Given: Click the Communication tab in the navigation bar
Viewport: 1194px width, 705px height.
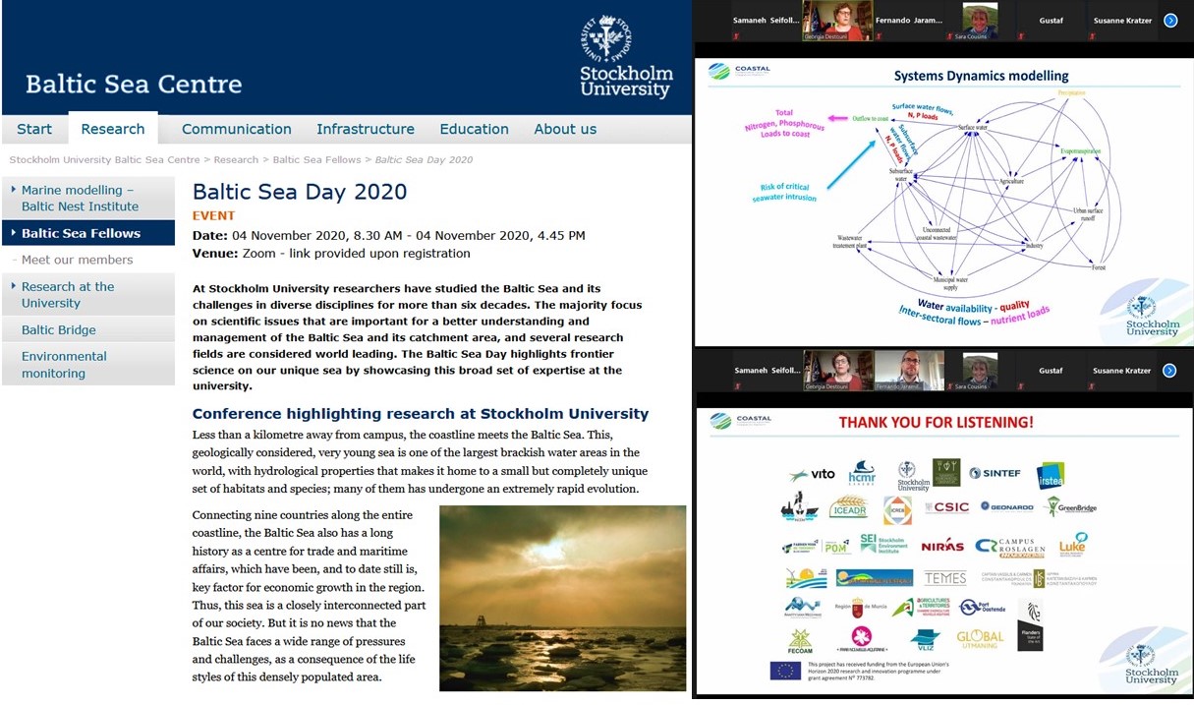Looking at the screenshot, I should point(236,129).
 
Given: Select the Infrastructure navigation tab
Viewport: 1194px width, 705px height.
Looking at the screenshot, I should point(365,129).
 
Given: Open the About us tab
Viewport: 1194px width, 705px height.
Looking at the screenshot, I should point(565,129).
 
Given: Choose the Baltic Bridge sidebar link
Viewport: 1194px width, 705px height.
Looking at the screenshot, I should point(59,330).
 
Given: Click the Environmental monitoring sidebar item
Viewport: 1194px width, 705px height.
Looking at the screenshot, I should point(64,365).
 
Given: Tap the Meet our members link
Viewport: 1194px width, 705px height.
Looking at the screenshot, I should point(77,260).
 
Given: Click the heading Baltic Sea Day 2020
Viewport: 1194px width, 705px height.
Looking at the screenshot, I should point(300,192).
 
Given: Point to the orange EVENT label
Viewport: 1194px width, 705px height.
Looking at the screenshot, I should point(213,216).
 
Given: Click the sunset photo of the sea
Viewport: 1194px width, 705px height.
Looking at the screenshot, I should point(562,585).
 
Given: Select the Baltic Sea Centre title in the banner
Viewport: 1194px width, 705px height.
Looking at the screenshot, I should point(134,84).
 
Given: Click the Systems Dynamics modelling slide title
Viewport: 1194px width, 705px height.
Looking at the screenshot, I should point(981,76).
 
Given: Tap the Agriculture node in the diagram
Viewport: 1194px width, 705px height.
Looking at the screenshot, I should point(1011,182).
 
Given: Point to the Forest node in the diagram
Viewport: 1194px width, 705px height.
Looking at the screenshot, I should point(1098,267).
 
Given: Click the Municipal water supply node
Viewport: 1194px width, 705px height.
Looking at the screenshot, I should point(949,282).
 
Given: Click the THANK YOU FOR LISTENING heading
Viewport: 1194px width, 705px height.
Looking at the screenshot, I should point(936,423).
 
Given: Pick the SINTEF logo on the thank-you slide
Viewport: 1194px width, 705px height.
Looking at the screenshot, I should point(995,474).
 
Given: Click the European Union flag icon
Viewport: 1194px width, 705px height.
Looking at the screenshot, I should point(785,671).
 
